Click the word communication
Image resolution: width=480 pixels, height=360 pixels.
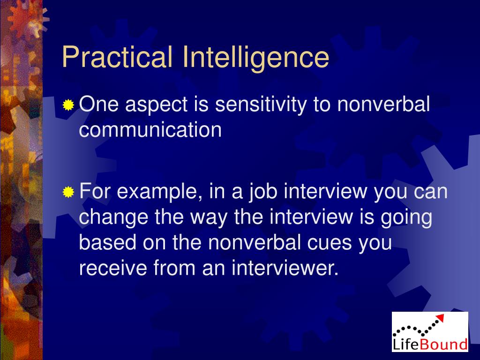coord(150,130)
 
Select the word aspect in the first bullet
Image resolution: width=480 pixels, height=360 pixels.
coord(156,105)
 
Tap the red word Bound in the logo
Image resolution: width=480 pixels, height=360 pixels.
coord(443,345)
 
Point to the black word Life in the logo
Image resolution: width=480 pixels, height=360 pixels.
coord(405,345)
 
